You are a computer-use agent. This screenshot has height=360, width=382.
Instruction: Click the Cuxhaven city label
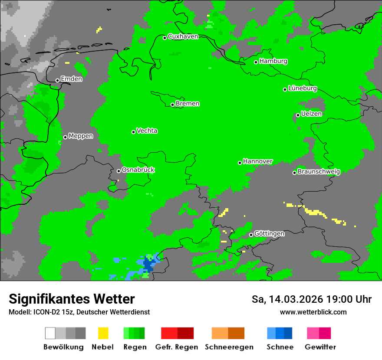pyautogui.click(x=183, y=36)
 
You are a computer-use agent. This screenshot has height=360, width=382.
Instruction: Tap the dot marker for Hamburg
pyautogui.click(x=256, y=62)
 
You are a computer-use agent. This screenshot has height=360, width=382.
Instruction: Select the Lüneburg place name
pyautogui.click(x=303, y=88)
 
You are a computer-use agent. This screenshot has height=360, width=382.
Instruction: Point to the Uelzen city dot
pyautogui.click(x=298, y=115)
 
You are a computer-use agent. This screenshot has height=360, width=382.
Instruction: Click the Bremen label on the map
pyautogui.click(x=188, y=104)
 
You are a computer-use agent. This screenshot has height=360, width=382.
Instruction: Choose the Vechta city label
pyautogui.click(x=147, y=131)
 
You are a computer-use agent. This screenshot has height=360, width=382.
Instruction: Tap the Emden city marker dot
pyautogui.click(x=57, y=80)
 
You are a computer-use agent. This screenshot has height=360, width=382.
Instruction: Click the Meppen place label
pyautogui.click(x=81, y=136)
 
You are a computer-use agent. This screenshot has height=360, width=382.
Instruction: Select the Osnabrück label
pyautogui.click(x=138, y=170)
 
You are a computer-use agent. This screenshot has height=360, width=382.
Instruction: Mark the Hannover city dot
pyautogui.click(x=240, y=163)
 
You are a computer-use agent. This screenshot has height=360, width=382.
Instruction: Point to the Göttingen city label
pyautogui.click(x=269, y=234)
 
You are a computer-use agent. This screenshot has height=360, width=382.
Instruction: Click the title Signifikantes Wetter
pyautogui.click(x=72, y=299)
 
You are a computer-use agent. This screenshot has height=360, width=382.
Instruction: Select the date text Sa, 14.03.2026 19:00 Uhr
pyautogui.click(x=312, y=299)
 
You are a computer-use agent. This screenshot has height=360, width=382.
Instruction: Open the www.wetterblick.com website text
pyautogui.click(x=313, y=312)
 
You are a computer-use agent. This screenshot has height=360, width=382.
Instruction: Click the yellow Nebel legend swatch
pyautogui.click(x=103, y=333)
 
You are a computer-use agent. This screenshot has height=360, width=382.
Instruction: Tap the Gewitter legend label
pyautogui.click(x=320, y=347)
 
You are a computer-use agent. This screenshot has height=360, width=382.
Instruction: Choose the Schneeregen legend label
pyautogui.click(x=229, y=347)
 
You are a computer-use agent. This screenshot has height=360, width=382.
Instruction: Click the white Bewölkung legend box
pyautogui.click(x=50, y=333)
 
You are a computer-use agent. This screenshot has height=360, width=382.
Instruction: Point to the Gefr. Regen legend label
pyautogui.click(x=177, y=347)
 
